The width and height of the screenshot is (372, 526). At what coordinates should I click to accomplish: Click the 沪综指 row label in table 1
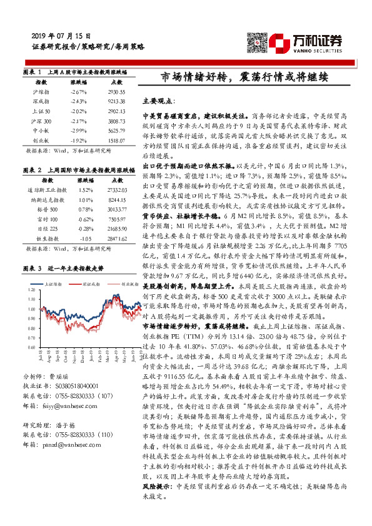[x=41, y=92]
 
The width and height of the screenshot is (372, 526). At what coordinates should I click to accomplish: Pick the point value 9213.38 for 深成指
[x=116, y=101]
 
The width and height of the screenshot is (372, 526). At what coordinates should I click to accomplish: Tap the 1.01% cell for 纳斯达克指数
[x=87, y=199]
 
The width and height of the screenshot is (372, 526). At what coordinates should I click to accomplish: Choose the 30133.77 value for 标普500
[x=118, y=209]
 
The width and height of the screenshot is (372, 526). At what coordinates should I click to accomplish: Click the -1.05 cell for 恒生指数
[x=87, y=238]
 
